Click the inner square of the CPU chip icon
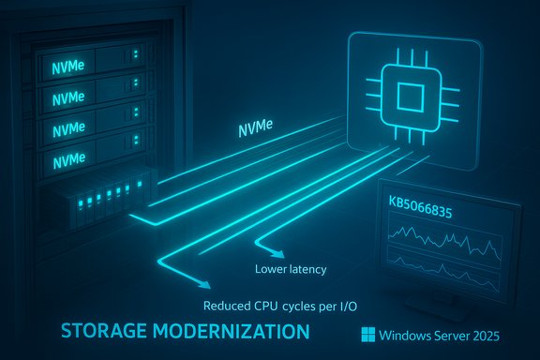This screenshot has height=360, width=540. [409, 96]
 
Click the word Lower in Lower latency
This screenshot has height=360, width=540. [273, 271]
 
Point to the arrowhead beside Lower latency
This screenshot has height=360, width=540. [277, 253]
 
